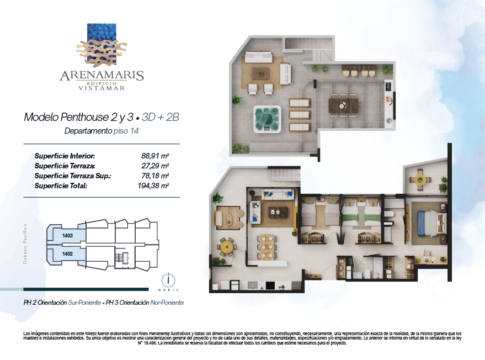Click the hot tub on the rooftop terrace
point(267,119)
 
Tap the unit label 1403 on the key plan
point(67,236)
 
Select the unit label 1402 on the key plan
point(67,254)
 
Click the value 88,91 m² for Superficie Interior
point(155,156)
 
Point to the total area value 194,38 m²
point(153,186)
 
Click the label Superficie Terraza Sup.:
point(73,176)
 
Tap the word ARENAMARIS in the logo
point(102,76)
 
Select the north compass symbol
point(168,280)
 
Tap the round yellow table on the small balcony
point(420,179)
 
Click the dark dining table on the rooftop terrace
point(343,105)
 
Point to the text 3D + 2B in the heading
point(160,117)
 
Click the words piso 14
point(126,131)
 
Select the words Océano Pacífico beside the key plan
point(25,244)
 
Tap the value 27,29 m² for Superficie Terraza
point(155,166)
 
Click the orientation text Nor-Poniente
point(167,303)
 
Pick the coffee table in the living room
point(278,213)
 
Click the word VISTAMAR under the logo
point(102,88)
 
